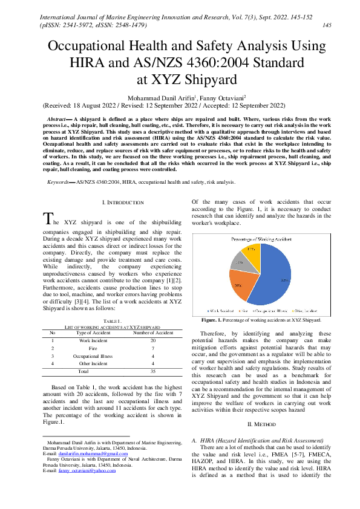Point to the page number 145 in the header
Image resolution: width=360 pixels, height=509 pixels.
pyautogui.click(x=327, y=25)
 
